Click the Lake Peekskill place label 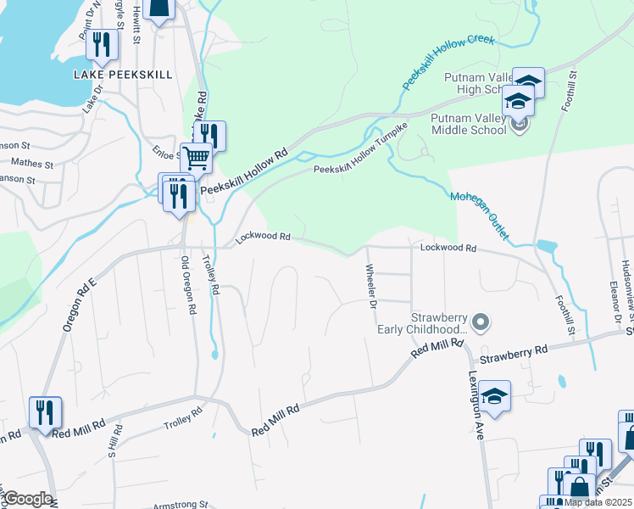[x=121, y=74]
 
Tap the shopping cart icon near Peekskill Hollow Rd [x=197, y=156]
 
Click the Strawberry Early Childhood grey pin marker [x=481, y=322]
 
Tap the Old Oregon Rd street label [x=187, y=285]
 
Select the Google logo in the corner [x=27, y=499]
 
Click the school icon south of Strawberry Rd [x=494, y=395]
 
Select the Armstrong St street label [x=181, y=503]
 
